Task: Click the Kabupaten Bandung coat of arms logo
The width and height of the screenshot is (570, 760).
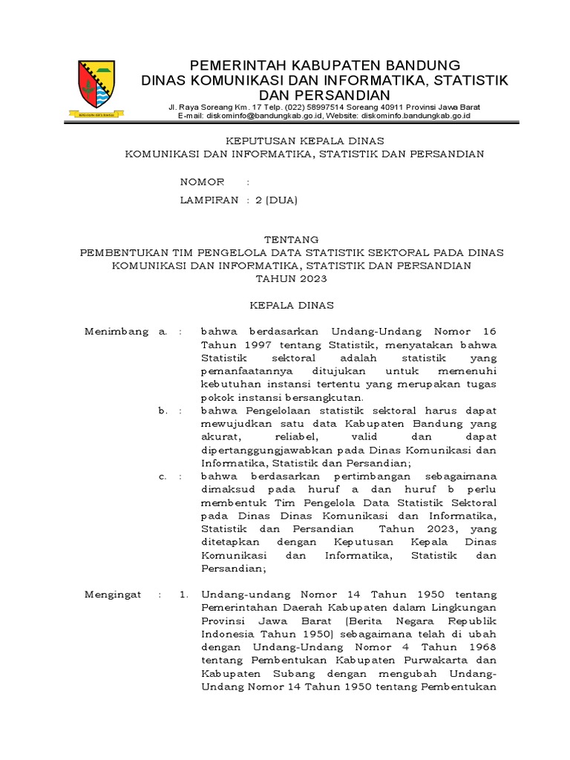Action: tap(96, 88)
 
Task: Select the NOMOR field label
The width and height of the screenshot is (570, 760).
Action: tap(203, 182)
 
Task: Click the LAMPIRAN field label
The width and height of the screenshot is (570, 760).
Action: tap(209, 200)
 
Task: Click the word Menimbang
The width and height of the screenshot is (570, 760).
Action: tap(117, 331)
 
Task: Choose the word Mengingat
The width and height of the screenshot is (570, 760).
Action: tap(112, 594)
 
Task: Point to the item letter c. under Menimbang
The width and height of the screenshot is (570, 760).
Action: tap(163, 476)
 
